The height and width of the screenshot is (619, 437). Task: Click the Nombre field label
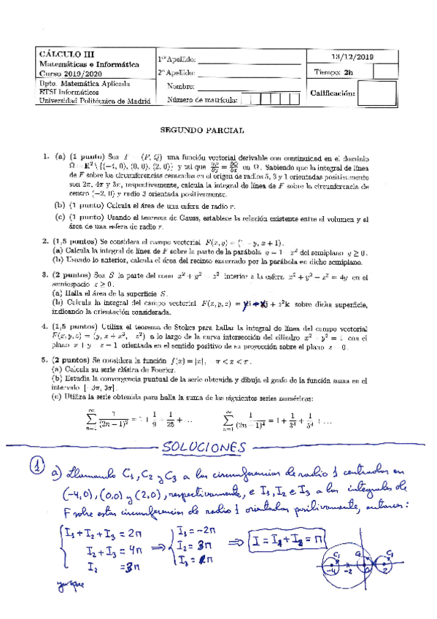182,86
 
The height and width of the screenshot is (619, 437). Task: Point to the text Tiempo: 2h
338,72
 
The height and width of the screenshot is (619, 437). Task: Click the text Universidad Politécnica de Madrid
89,101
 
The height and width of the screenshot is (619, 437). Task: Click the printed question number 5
45,359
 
